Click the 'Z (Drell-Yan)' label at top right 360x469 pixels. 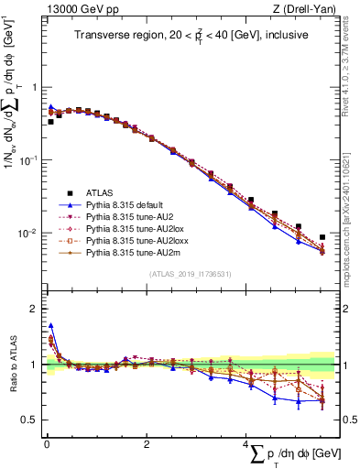click(x=306, y=9)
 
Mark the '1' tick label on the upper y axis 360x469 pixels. click(x=32, y=88)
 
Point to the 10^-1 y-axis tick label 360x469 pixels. click(x=28, y=160)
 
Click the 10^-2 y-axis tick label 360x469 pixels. click(x=28, y=234)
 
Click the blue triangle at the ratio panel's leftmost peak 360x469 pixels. click(x=50, y=325)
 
